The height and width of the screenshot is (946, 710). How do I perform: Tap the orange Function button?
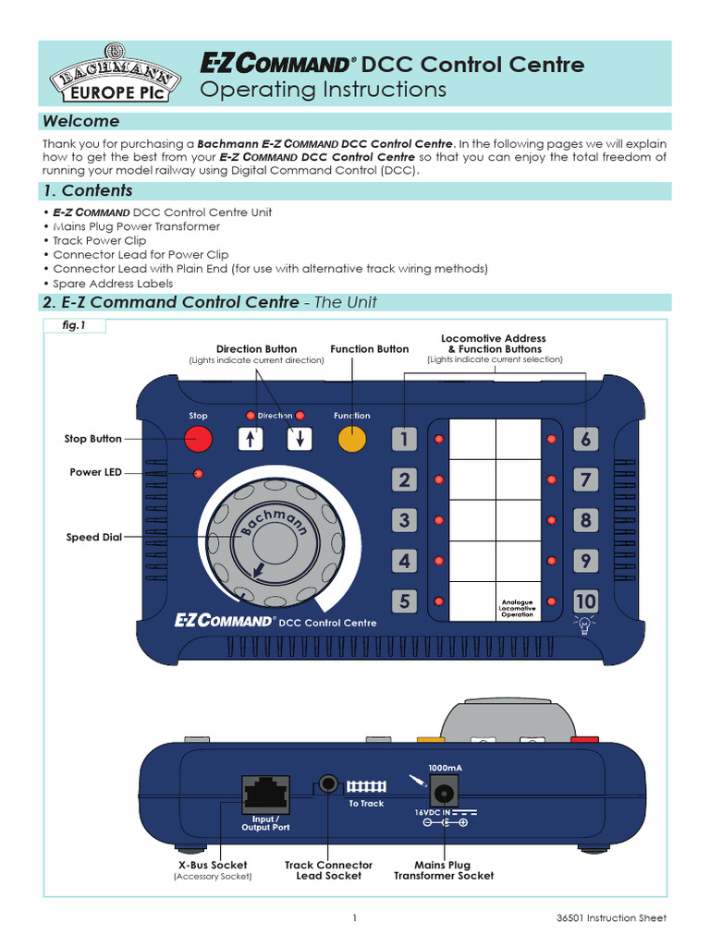351,440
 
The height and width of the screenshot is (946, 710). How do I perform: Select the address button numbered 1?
404,440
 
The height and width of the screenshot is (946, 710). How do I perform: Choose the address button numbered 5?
404,601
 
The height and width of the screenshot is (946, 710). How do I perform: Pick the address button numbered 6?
585,440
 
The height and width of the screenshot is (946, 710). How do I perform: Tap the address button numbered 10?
585,601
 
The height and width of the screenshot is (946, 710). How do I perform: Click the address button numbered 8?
585,520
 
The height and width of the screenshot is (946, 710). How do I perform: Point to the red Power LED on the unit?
198,474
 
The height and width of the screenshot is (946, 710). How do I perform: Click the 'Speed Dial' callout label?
95,537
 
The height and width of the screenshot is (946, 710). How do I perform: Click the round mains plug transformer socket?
445,793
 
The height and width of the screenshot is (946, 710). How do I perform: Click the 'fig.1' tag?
74,326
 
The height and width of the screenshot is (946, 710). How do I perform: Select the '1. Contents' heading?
88,191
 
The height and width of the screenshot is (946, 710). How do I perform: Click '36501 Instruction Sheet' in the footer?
618,918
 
